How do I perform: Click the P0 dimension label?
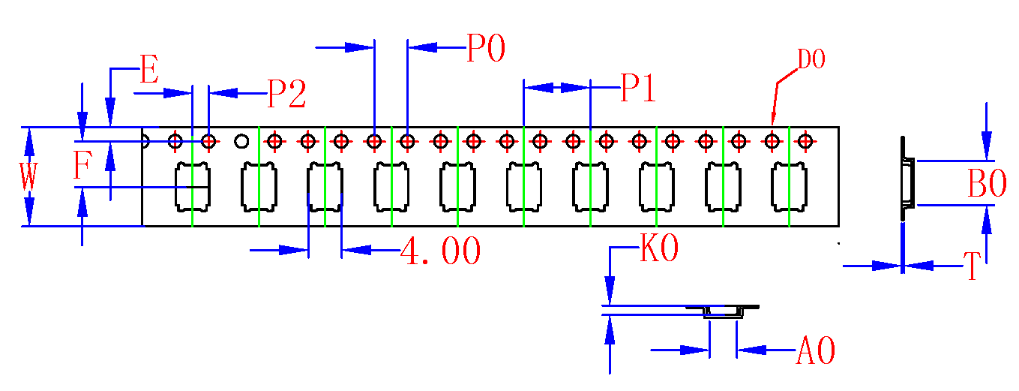tap(486, 49)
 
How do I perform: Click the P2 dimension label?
tap(287, 95)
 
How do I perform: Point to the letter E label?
tap(149, 72)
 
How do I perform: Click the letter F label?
tap(82, 167)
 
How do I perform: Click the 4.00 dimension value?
tap(440, 251)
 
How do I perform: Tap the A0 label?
tap(815, 350)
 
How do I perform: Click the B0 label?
tap(987, 185)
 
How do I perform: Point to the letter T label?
tap(972, 266)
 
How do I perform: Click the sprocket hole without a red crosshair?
tap(241, 140)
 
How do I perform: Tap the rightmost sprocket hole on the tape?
tap(806, 140)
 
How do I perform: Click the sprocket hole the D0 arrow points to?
tap(772, 140)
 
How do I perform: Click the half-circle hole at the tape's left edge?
tap(145, 140)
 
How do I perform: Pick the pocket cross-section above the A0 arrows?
tap(724, 313)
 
